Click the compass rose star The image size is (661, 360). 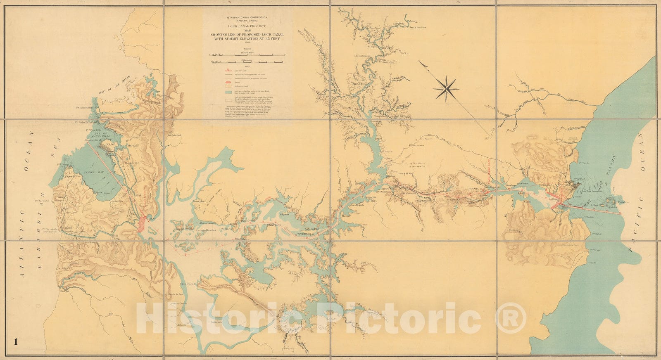point(446,89)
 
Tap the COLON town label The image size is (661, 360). point(110,145)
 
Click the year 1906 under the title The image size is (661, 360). point(248,42)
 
